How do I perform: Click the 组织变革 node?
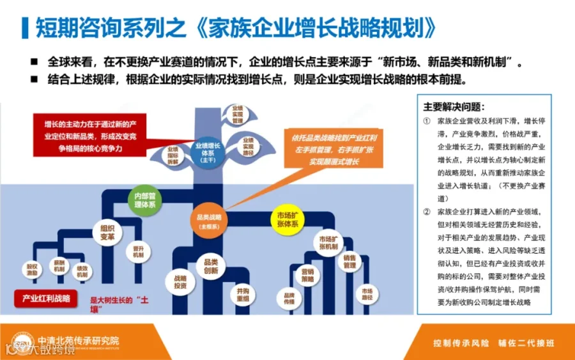point(107,233)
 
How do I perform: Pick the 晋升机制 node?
point(137,252)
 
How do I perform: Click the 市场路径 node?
point(367,294)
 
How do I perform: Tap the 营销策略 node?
point(308,276)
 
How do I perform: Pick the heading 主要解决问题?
point(454,107)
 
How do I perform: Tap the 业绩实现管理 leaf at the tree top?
point(238,114)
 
